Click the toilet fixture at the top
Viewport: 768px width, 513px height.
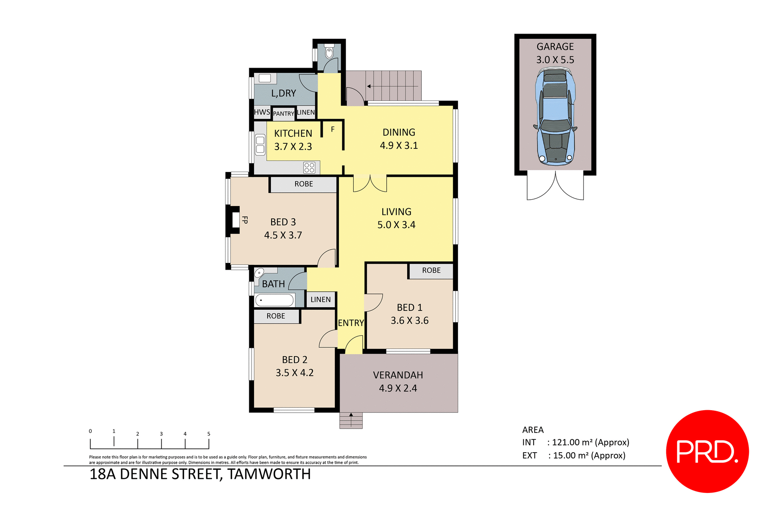(329, 52)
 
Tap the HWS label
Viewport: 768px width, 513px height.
(262, 112)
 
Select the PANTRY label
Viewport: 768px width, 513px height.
(284, 114)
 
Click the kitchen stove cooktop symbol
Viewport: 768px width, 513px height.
(309, 167)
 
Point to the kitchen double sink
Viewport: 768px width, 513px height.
(260, 145)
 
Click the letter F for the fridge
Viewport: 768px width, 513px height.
(332, 130)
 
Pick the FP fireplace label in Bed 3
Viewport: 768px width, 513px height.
(245, 220)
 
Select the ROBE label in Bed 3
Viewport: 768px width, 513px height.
(304, 184)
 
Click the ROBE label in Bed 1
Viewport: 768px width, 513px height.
(431, 271)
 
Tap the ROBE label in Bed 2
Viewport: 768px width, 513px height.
(276, 316)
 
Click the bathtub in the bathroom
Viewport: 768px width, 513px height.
(274, 300)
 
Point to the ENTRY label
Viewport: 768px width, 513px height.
(351, 323)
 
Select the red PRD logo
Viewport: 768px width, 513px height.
(707, 451)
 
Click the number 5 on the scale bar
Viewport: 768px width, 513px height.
(209, 434)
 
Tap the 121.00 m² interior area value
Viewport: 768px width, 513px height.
(572, 443)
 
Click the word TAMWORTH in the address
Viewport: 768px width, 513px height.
(269, 474)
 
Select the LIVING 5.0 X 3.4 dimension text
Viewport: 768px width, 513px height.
(396, 225)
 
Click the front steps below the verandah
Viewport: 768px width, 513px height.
(351, 421)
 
